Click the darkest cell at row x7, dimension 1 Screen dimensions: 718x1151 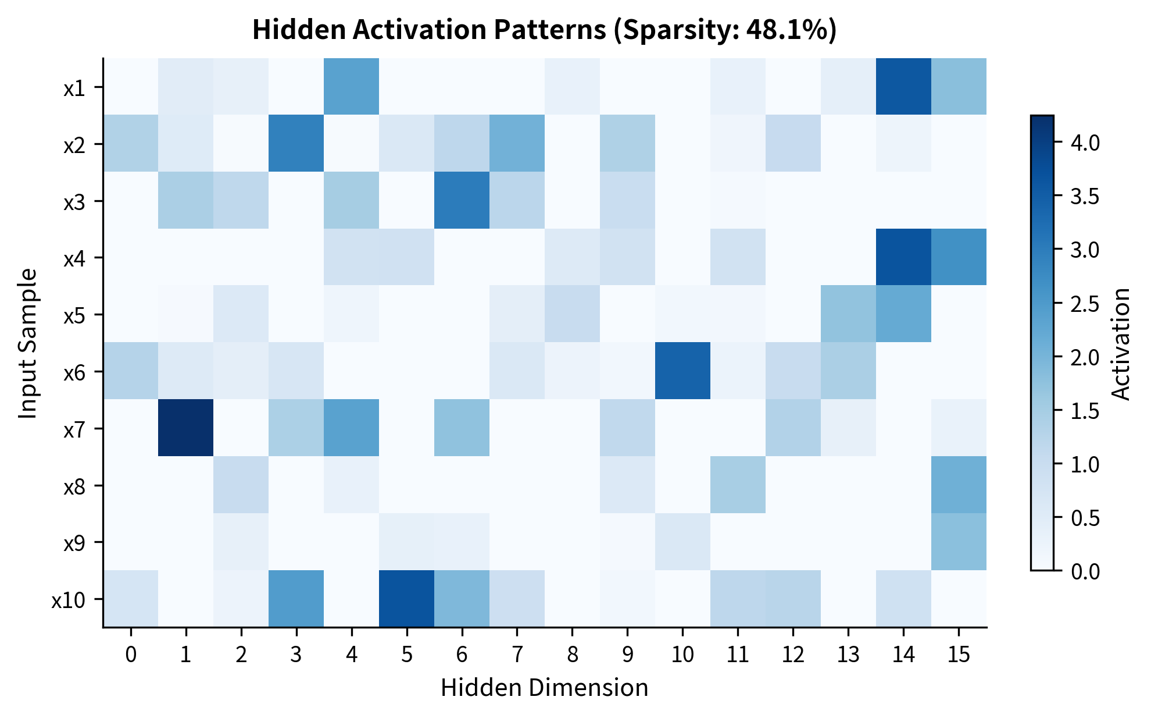185,428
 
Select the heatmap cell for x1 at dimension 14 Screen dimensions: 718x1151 903,86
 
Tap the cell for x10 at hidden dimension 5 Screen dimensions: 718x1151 406,599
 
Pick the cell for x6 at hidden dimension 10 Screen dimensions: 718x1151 682,371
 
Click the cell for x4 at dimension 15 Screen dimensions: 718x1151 959,257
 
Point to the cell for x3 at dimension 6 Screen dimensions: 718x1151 462,200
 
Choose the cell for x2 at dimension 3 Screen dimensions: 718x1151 296,143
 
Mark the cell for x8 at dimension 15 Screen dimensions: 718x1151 959,485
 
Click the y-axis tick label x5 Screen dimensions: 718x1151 74,315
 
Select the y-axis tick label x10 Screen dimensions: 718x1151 69,600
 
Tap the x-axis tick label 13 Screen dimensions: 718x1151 848,655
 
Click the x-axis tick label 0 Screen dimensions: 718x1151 131,655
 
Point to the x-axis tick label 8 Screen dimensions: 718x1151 572,655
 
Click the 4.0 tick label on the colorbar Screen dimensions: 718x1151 1085,143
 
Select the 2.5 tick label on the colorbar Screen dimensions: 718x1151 1085,304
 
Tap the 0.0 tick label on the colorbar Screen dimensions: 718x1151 1085,571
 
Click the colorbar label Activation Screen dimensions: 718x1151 1121,343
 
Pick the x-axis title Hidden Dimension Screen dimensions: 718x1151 544,688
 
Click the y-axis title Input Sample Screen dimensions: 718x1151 27,343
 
